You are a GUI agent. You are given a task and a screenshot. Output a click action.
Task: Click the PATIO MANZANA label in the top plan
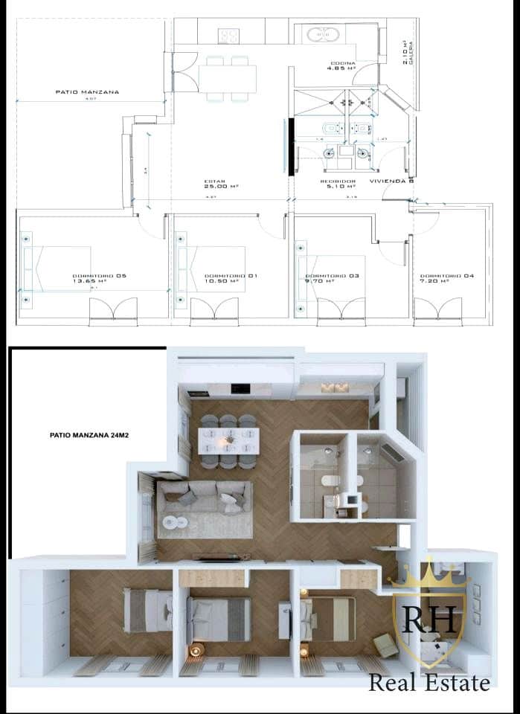click(x=87, y=92)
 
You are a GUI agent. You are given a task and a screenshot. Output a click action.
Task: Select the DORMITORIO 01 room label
click(x=221, y=278)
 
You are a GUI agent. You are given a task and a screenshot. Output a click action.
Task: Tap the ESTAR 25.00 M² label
click(x=216, y=184)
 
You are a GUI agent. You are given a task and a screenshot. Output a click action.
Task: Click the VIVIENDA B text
click(x=391, y=181)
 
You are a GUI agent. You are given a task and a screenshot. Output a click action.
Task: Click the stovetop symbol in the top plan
click(x=228, y=35)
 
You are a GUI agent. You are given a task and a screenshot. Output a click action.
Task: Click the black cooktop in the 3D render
click(x=240, y=388)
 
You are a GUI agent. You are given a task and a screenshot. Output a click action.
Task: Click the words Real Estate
click(x=429, y=682)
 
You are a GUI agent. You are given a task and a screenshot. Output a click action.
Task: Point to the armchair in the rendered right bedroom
click(x=386, y=644)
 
